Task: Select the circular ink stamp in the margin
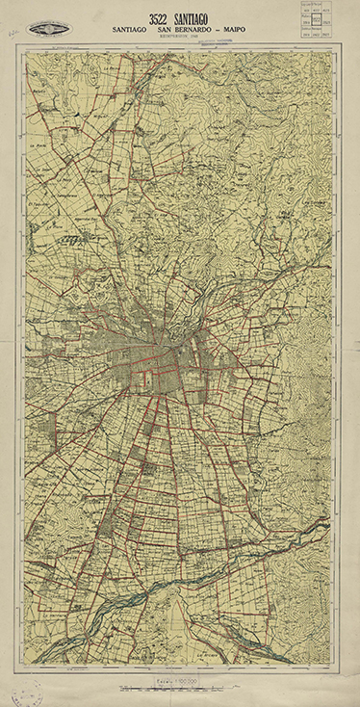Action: point(24,692)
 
